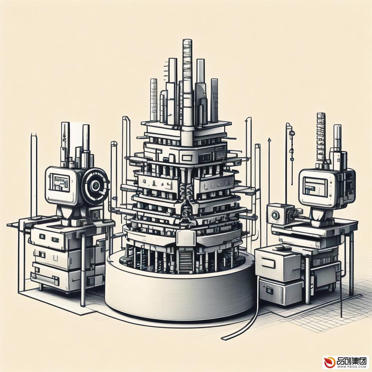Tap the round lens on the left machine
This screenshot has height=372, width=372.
(96, 184)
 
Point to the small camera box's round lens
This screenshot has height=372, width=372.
(275, 215)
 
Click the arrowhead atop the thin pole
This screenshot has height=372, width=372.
(269, 139)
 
